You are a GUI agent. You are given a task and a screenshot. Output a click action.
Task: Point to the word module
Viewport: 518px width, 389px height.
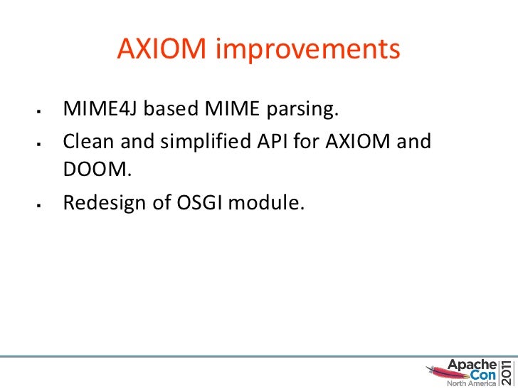(x=269, y=203)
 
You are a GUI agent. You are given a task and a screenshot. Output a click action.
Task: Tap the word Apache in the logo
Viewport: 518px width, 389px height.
(x=466, y=363)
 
